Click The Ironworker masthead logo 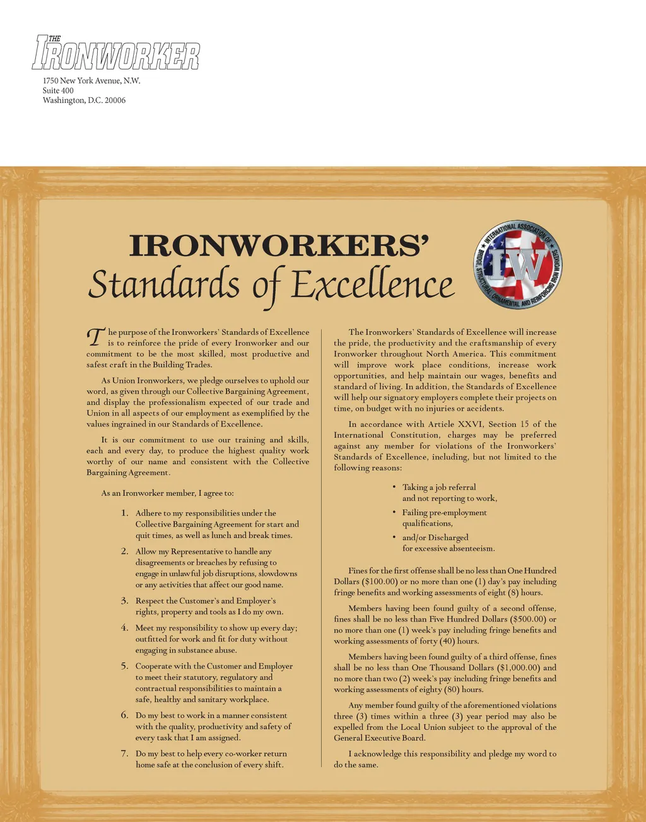pyautogui.click(x=115, y=53)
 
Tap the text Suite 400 pyautogui.click(x=58, y=90)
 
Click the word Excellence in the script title pyautogui.click(x=372, y=285)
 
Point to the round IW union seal pyautogui.click(x=518, y=265)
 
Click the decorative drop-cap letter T pyautogui.click(x=95, y=337)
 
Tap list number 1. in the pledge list pyautogui.click(x=125, y=513)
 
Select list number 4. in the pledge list pyautogui.click(x=125, y=628)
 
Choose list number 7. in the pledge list pyautogui.click(x=125, y=753)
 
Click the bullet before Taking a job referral pyautogui.click(x=394, y=486)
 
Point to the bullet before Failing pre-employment pyautogui.click(x=394, y=512)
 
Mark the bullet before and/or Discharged pyautogui.click(x=394, y=537)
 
